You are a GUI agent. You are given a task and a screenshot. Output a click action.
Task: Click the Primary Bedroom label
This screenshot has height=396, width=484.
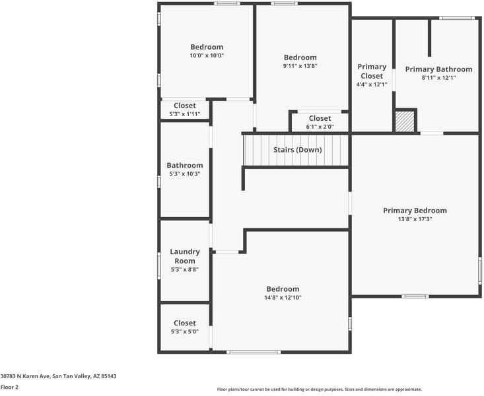tap(415, 211)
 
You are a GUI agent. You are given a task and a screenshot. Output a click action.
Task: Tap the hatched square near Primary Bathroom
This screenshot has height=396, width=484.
tap(404, 121)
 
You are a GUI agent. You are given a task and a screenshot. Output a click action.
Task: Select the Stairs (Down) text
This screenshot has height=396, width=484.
tap(297, 150)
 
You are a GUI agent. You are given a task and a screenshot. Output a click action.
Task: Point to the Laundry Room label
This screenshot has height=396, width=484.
tap(185, 256)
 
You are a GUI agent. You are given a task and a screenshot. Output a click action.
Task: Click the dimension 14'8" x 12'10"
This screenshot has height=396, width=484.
tap(283, 298)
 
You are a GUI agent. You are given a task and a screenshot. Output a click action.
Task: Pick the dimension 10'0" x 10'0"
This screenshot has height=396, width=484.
tap(207, 56)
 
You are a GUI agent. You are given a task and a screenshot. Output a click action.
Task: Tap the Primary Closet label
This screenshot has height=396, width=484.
tap(372, 71)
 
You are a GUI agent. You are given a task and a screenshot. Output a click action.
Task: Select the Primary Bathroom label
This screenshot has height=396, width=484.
tap(438, 69)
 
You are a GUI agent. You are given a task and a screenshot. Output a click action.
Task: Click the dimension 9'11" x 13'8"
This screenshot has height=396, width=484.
tap(300, 66)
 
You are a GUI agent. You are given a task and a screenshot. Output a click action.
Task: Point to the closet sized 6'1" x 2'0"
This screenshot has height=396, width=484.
tap(320, 122)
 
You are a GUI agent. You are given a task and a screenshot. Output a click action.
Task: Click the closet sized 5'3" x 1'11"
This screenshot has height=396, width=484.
tap(185, 110)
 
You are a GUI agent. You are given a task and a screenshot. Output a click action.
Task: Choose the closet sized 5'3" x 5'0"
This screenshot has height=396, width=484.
tap(185, 327)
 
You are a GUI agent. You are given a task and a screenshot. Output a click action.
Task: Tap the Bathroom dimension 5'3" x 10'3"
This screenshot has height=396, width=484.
tap(185, 174)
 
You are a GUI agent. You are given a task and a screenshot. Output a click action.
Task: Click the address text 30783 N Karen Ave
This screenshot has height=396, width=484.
tap(58, 376)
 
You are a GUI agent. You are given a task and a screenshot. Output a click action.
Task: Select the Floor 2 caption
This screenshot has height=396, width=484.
tap(9, 387)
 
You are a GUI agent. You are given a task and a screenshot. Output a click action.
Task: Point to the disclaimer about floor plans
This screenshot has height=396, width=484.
tap(319, 389)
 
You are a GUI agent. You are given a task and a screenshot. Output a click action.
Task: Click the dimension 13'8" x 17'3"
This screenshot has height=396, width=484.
tap(415, 219)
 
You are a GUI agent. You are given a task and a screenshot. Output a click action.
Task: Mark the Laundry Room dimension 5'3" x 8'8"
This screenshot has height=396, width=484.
tap(185, 269)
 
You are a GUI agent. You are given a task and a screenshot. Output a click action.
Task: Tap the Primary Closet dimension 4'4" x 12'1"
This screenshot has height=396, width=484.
tap(372, 84)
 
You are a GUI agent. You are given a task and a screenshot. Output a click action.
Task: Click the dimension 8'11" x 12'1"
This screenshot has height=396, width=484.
tap(438, 78)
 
